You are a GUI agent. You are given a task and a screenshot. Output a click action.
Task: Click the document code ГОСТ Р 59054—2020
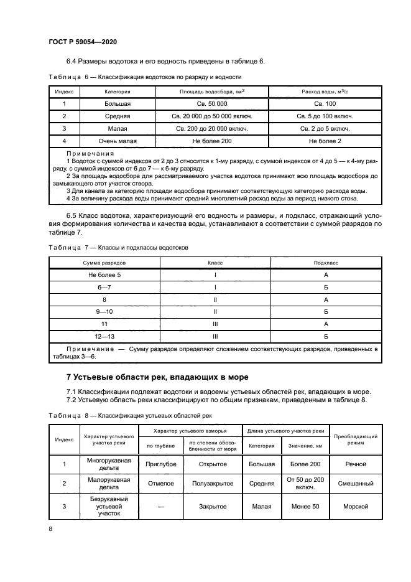point(83,41)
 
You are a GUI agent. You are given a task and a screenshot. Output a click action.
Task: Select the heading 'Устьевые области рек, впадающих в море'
point(157,377)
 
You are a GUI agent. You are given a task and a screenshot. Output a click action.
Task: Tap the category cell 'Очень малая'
point(113,141)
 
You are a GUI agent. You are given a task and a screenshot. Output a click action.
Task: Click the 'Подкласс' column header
point(326,263)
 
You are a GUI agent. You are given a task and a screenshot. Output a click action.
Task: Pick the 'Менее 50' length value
point(305,507)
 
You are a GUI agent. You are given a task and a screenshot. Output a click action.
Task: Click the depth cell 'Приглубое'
point(160,464)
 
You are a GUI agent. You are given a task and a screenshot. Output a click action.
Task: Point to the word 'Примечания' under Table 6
point(90,153)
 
